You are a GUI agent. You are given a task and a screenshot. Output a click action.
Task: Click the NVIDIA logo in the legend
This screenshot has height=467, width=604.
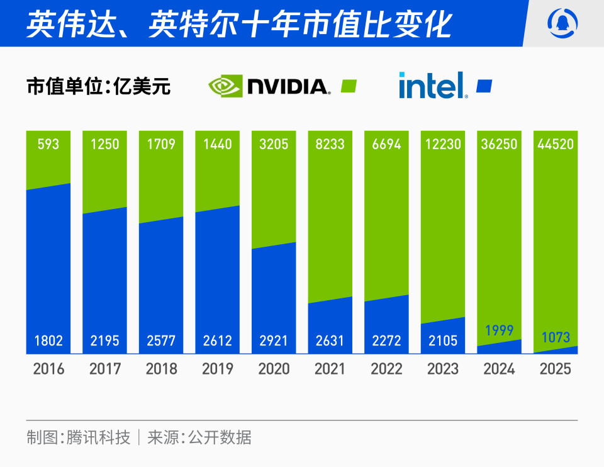click(269, 86)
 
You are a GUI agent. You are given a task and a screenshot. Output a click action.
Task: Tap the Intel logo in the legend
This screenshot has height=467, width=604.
click(433, 86)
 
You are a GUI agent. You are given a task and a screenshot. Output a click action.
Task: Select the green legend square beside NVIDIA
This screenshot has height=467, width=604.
click(349, 86)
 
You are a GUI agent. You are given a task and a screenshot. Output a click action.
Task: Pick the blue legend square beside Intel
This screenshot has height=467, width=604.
click(484, 86)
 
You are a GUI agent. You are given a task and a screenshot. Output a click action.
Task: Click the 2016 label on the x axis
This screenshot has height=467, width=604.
click(48, 369)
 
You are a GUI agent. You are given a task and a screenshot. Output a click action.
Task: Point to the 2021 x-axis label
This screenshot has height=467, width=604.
click(330, 369)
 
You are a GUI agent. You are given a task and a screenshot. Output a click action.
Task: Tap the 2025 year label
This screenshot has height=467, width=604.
click(555, 369)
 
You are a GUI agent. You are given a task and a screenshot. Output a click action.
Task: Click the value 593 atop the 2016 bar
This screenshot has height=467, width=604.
click(48, 144)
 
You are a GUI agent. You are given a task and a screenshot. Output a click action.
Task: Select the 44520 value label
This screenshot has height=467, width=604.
click(555, 144)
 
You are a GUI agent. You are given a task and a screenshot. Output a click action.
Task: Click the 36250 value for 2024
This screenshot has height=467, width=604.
click(499, 144)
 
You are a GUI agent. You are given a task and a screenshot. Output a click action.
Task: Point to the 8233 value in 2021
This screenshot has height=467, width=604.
click(330, 144)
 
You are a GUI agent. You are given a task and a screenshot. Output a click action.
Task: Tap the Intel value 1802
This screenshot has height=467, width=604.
click(48, 341)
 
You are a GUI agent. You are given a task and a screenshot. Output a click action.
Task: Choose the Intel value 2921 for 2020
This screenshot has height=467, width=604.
click(274, 341)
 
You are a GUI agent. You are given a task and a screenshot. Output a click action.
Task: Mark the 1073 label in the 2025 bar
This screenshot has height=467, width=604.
click(555, 337)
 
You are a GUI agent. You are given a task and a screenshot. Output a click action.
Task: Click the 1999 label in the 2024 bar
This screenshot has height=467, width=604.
click(499, 330)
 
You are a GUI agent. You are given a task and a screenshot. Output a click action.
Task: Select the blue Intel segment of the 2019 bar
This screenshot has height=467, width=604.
click(217, 271)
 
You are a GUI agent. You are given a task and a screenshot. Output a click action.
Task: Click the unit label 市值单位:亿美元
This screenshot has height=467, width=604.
click(99, 86)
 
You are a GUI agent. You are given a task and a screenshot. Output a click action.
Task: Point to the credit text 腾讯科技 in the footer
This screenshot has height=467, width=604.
click(98, 437)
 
